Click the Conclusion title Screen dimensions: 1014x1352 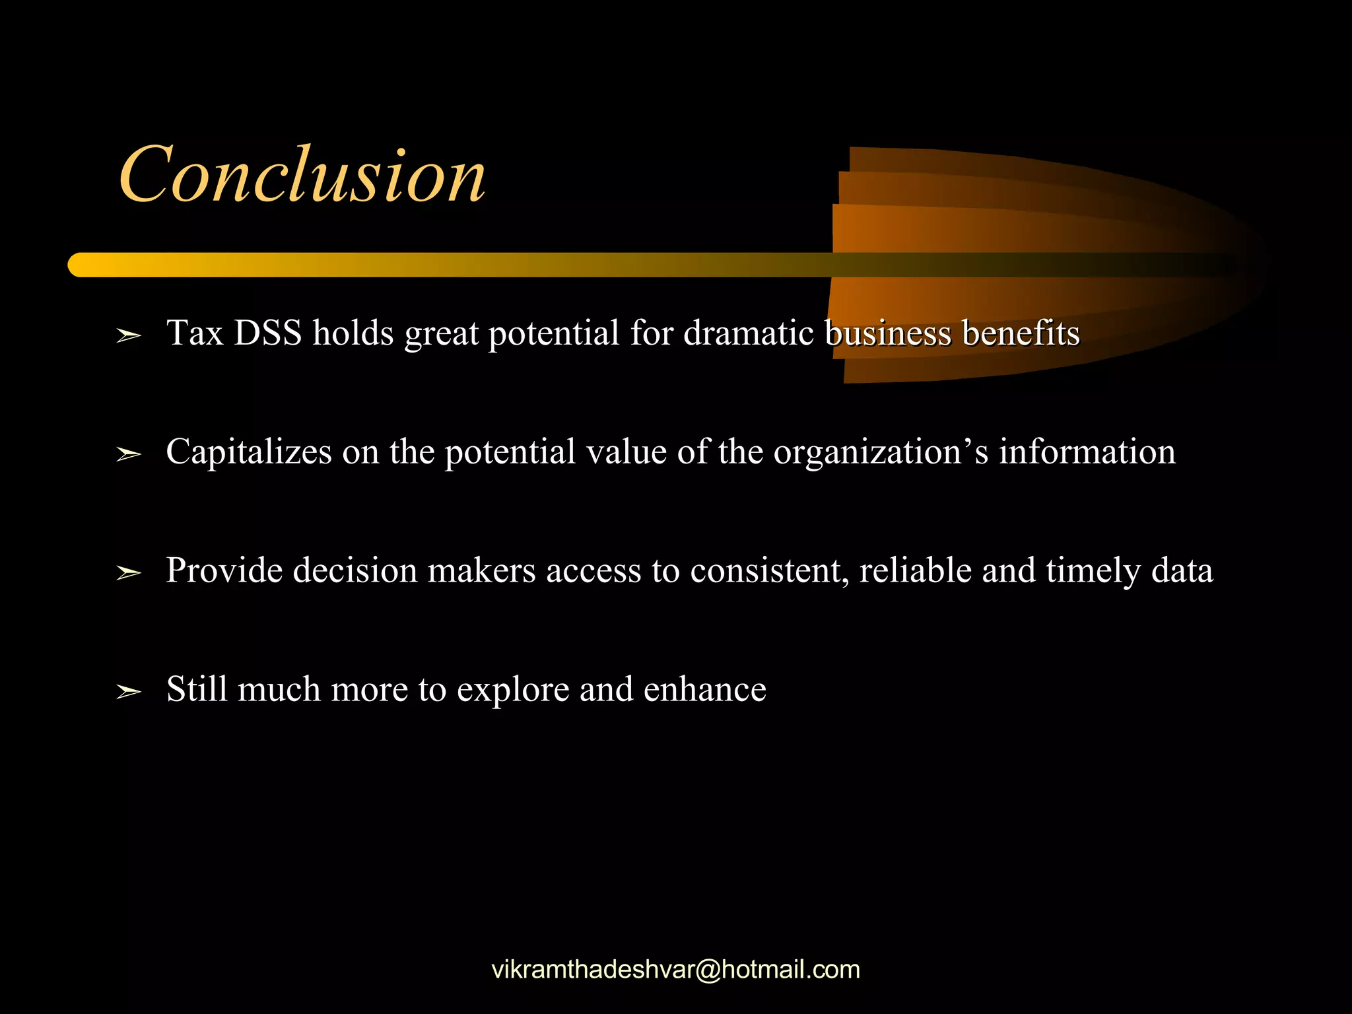coord(302,175)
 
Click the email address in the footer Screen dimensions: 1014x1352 coord(676,970)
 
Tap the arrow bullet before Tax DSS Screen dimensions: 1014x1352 coord(129,336)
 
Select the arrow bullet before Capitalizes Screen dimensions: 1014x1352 coord(129,455)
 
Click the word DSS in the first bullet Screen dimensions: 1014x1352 coord(267,333)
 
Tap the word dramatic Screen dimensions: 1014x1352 coord(748,333)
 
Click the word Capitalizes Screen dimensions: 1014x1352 coord(249,452)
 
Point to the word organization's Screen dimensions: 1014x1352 coord(881,452)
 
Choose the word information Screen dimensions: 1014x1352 coord(1087,452)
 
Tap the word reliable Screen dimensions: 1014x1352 coord(915,571)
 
